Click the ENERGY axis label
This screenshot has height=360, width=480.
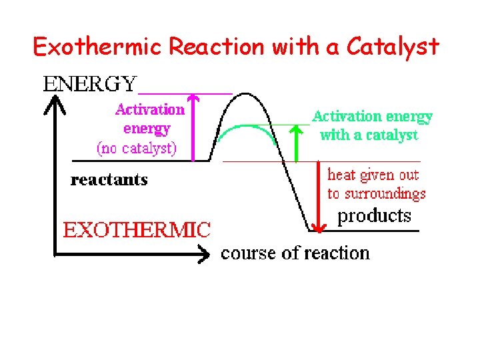coord(90,84)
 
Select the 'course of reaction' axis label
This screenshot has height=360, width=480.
coord(295,253)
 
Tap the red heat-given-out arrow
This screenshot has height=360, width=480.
coord(319,197)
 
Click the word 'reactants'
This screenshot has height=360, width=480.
coord(109,180)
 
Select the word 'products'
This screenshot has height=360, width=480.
coord(374,215)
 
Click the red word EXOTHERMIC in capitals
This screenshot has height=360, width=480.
coord(137,231)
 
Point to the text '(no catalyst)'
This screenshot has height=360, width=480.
coord(137,147)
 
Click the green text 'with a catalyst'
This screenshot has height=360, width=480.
coord(369,135)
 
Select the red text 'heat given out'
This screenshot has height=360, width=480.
coord(373,175)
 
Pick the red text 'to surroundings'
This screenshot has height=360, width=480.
coord(376,194)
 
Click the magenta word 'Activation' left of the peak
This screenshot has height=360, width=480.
coord(149,109)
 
